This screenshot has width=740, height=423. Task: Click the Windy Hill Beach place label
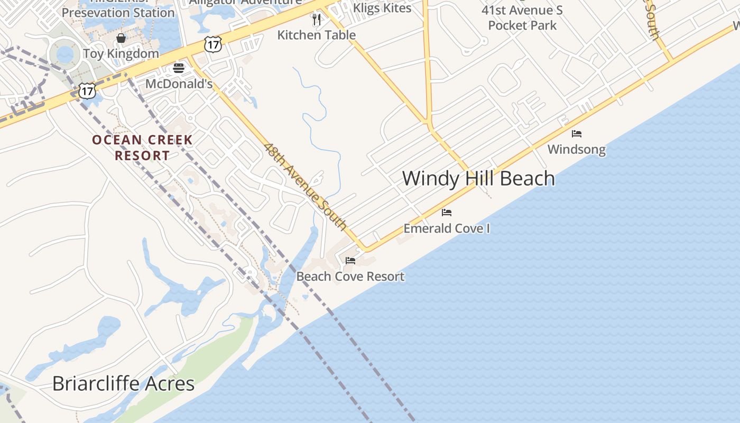click(x=478, y=178)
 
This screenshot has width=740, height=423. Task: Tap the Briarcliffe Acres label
click(x=123, y=383)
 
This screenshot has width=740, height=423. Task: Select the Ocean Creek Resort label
click(x=142, y=148)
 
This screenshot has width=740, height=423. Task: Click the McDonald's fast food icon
click(x=179, y=68)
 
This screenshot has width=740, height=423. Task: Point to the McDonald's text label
click(x=179, y=84)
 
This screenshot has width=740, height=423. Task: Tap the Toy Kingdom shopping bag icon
click(x=121, y=38)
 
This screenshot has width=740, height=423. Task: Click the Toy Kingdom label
click(x=121, y=53)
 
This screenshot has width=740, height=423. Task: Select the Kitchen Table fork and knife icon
click(x=317, y=20)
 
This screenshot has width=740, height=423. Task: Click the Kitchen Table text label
click(x=317, y=35)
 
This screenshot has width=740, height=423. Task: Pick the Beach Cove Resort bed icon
click(x=350, y=261)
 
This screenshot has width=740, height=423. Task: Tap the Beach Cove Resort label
click(x=350, y=276)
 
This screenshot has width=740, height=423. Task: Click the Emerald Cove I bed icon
click(x=447, y=213)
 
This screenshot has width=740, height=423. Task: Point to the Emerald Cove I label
click(x=447, y=228)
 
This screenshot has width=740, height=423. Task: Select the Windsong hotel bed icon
click(x=577, y=134)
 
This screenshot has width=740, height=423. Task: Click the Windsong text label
click(x=577, y=149)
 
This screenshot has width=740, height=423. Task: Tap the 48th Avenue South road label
click(x=306, y=187)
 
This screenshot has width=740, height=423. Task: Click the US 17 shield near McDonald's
click(x=212, y=45)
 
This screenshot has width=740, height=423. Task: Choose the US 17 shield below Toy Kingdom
click(x=87, y=91)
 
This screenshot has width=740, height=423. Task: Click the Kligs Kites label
click(x=382, y=7)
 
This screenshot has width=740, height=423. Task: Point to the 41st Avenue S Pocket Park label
click(x=522, y=17)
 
